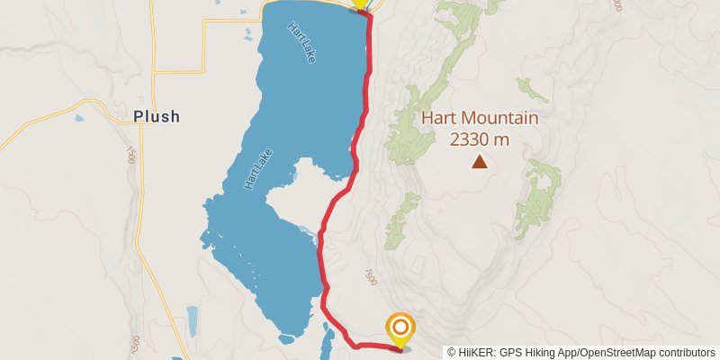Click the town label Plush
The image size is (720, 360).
pyautogui.click(x=157, y=116)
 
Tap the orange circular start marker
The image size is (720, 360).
pyautogui.click(x=400, y=327)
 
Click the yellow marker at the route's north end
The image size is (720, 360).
pyautogui.click(x=360, y=3)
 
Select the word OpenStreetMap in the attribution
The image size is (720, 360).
pyautogui.click(x=614, y=353)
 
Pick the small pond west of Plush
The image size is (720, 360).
pyautogui.click(x=80, y=118)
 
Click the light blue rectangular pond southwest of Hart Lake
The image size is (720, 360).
pyautogui.click(x=192, y=320)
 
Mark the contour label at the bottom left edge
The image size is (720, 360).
pyautogui.click(x=135, y=345)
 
